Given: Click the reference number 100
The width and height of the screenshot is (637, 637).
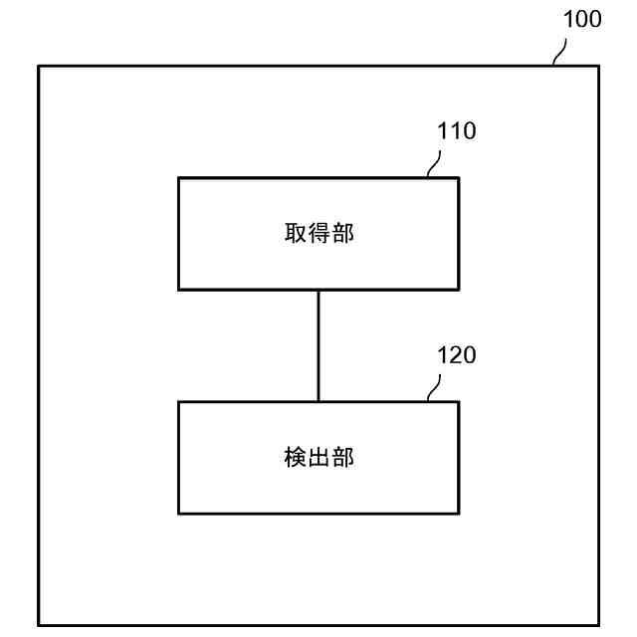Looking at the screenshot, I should click(x=582, y=19).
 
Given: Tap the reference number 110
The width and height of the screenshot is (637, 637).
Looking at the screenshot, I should click(x=457, y=131).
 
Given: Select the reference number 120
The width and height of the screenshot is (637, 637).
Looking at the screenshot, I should click(x=457, y=355).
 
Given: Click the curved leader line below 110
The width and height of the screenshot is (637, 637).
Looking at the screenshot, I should click(x=435, y=164).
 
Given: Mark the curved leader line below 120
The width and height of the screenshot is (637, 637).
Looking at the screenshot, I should click(x=435, y=388).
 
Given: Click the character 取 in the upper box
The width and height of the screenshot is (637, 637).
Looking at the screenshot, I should click(x=295, y=234).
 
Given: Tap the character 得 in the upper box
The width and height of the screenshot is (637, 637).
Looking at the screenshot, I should click(x=318, y=234).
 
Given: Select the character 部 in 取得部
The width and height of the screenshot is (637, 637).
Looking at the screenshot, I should click(x=342, y=234).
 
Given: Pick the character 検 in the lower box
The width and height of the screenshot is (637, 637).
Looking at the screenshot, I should click(x=295, y=458).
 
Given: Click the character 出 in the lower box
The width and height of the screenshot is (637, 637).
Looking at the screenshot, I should click(x=318, y=458).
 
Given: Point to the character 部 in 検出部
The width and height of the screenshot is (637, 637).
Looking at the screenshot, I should click(x=342, y=458).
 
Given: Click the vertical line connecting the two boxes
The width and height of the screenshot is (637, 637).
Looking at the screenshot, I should click(x=318, y=345).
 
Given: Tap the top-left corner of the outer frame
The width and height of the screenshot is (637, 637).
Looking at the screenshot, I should click(x=39, y=66).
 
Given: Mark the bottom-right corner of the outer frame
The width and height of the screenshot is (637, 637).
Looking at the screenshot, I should click(x=599, y=626).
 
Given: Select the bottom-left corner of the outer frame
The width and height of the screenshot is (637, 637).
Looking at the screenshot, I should click(x=39, y=626).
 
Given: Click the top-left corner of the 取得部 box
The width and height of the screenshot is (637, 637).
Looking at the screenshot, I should click(x=178, y=178).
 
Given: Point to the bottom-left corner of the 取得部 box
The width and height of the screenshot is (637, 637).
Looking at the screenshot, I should click(x=178, y=290).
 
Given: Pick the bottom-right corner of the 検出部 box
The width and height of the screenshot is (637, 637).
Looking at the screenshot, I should click(x=459, y=514).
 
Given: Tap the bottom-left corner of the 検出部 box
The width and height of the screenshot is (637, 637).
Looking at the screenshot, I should click(x=178, y=514).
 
